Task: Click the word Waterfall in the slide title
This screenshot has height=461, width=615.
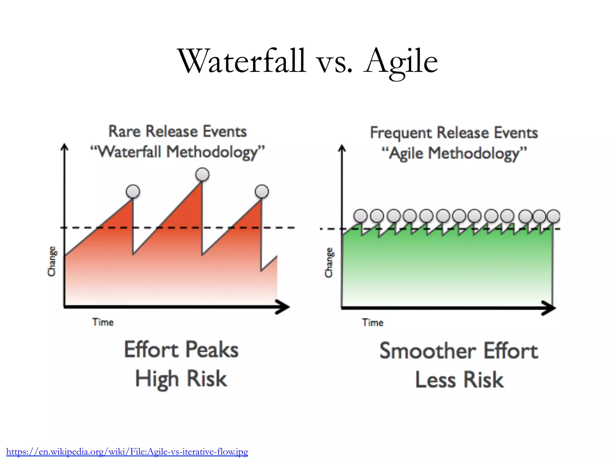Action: pos(242,62)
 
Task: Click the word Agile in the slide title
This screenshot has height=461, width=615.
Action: pos(401,62)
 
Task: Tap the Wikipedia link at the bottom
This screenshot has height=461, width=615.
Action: pos(127,452)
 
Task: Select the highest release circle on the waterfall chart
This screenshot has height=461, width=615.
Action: pos(202,174)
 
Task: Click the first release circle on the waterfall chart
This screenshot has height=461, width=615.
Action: pos(133,191)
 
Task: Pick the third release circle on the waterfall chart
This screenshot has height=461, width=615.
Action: pos(262,191)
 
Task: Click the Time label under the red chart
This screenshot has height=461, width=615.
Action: pos(103,322)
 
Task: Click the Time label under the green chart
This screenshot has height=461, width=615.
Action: pos(372,323)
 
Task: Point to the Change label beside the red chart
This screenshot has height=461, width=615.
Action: pos(52,261)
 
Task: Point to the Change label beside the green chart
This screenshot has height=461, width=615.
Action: pos(329,262)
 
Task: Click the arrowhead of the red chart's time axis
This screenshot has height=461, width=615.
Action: pos(284,307)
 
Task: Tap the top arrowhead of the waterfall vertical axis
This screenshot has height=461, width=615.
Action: pos(64,147)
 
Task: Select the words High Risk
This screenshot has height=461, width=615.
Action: pos(181,379)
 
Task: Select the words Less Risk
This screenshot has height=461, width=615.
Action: pos(459,380)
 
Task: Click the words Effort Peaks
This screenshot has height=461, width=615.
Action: pos(181,350)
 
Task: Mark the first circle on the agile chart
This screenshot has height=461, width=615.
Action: pos(360,216)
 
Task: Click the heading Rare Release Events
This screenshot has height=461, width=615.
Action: pos(177,131)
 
